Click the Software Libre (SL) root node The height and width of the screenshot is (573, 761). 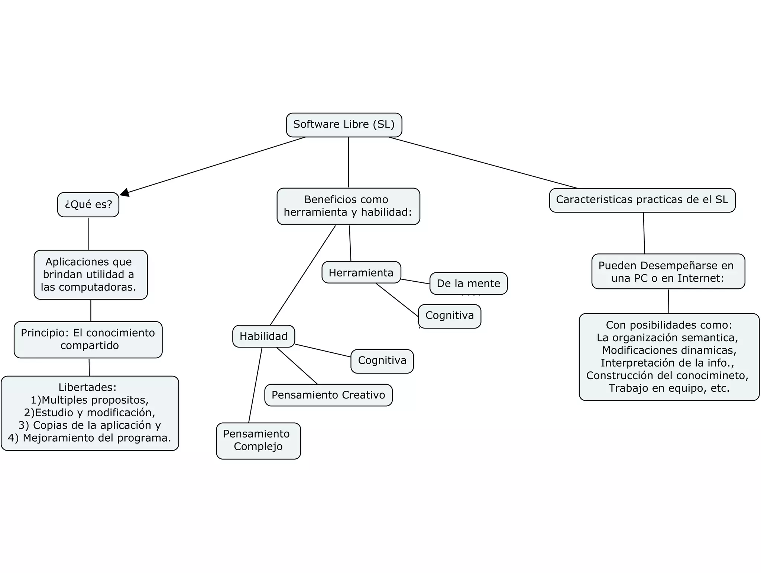[x=344, y=125]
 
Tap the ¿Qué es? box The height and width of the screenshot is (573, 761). [x=88, y=204]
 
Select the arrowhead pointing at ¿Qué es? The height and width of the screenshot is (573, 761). [x=125, y=192]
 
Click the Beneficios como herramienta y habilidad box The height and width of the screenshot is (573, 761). [x=348, y=206]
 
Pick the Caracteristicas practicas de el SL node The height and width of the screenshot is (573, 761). [x=642, y=200]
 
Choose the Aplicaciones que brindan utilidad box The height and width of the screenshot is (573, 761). [x=90, y=275]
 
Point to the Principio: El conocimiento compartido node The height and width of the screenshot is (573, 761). [x=88, y=339]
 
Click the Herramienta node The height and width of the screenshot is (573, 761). [x=361, y=272]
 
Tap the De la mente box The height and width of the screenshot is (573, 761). [x=468, y=284]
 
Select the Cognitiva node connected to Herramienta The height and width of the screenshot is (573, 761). [x=450, y=316]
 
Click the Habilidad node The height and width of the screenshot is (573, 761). [x=263, y=336]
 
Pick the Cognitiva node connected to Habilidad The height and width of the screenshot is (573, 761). [x=382, y=361]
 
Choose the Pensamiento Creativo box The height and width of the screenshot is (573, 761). [x=328, y=395]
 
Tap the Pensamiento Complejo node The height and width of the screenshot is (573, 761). [x=258, y=441]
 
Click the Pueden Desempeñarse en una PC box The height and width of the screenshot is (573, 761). [x=668, y=272]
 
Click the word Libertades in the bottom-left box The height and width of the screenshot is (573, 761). [x=87, y=387]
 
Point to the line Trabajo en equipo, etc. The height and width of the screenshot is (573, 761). [x=669, y=388]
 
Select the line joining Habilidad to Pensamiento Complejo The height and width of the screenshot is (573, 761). [x=255, y=385]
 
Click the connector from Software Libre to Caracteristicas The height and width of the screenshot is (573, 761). [x=483, y=163]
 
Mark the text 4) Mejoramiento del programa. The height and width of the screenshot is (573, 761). [x=89, y=438]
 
